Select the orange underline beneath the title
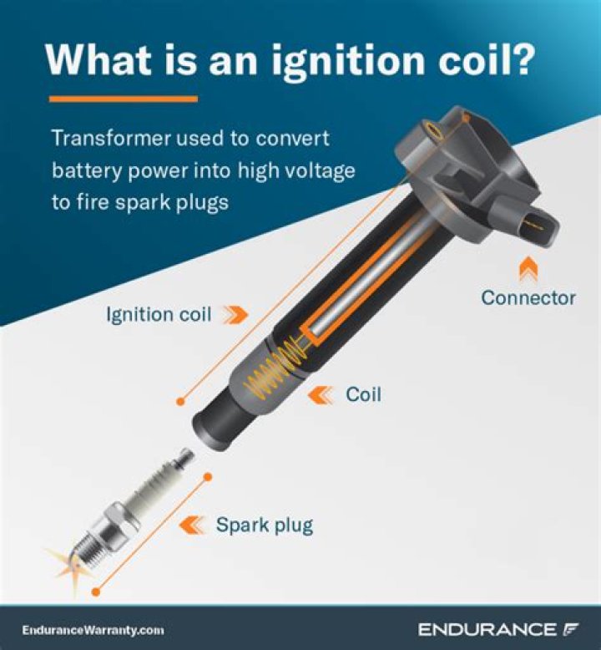click(124, 99)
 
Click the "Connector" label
click(528, 297)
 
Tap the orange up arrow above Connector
click(528, 268)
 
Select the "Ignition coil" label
click(159, 315)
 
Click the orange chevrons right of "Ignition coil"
click(237, 315)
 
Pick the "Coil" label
click(363, 394)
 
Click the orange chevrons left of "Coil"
click(321, 394)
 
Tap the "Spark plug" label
click(264, 526)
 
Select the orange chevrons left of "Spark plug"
click(194, 526)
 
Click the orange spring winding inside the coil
click(269, 371)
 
